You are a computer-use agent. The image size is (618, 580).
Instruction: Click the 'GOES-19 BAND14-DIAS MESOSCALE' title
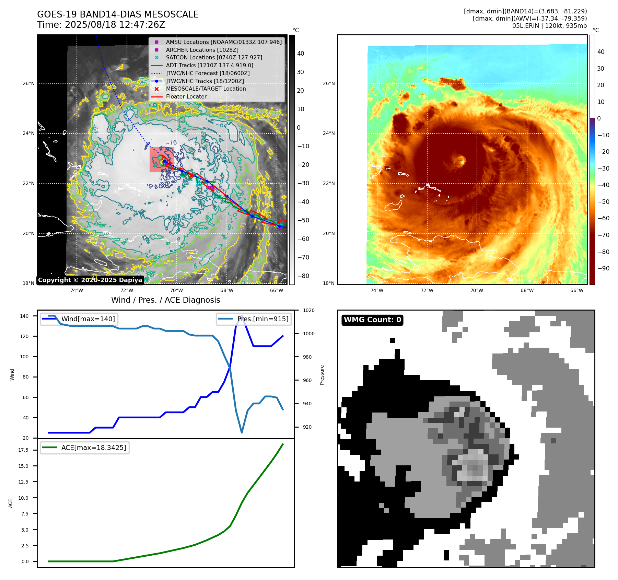pyautogui.click(x=118, y=14)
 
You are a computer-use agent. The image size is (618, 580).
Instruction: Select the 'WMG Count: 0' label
pyautogui.click(x=372, y=320)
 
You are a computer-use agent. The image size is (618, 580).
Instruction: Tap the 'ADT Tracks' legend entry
pyautogui.click(x=209, y=65)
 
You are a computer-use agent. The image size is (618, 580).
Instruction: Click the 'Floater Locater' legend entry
pyautogui.click(x=186, y=97)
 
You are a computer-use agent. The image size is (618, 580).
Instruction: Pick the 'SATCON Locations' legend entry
pyautogui.click(x=214, y=57)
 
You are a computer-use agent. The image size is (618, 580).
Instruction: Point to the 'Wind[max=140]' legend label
pyautogui.click(x=88, y=319)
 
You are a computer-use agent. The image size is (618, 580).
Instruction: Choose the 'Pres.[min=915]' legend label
pyautogui.click(x=263, y=319)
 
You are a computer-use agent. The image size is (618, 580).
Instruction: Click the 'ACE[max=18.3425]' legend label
pyautogui.click(x=94, y=448)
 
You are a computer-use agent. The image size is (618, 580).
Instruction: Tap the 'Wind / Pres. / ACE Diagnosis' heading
pyautogui.click(x=165, y=300)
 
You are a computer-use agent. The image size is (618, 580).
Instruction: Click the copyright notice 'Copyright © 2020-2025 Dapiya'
pyautogui.click(x=90, y=280)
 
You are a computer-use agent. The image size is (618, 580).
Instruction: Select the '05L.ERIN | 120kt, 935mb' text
pyautogui.click(x=549, y=26)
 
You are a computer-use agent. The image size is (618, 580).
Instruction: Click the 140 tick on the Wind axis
pyautogui.click(x=24, y=316)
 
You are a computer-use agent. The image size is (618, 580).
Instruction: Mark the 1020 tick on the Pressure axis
pyautogui.click(x=308, y=310)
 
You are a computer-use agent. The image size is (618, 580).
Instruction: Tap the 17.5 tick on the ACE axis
pyautogui.click(x=23, y=450)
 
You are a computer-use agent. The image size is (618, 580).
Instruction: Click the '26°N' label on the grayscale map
pyautogui.click(x=28, y=83)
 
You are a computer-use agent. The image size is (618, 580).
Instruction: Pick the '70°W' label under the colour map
pyautogui.click(x=476, y=290)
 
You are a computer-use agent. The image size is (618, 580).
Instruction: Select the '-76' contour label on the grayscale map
pyautogui.click(x=171, y=143)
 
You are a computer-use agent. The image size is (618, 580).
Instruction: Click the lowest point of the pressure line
pyautogui.click(x=242, y=432)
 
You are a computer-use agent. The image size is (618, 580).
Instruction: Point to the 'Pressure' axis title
pyautogui.click(x=322, y=375)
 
